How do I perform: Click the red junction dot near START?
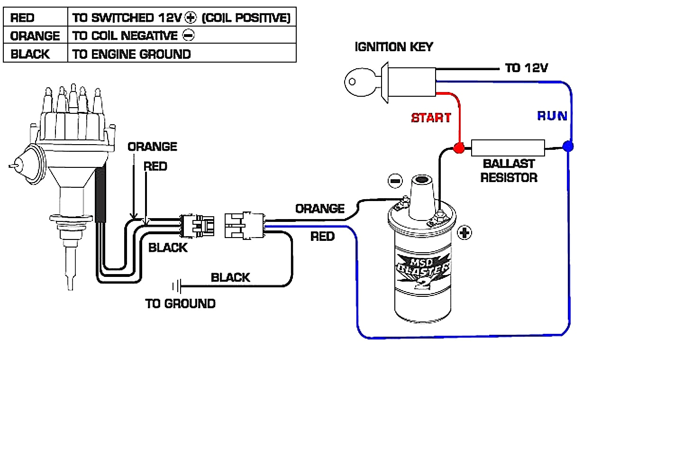pyautogui.click(x=458, y=148)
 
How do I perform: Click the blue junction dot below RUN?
pyautogui.click(x=568, y=147)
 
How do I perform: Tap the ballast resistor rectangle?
pyautogui.click(x=508, y=148)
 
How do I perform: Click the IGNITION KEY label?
pyautogui.click(x=393, y=47)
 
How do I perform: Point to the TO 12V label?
pyautogui.click(x=526, y=68)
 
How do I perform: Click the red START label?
pyautogui.click(x=431, y=118)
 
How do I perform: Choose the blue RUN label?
pyautogui.click(x=552, y=116)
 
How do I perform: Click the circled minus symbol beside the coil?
pyautogui.click(x=395, y=181)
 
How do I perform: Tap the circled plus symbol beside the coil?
pyautogui.click(x=464, y=233)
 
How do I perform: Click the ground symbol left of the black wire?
pyautogui.click(x=176, y=286)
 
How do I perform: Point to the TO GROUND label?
pyautogui.click(x=180, y=303)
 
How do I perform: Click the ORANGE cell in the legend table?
pyautogui.click(x=35, y=36)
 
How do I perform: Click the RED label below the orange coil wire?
pyautogui.click(x=322, y=236)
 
